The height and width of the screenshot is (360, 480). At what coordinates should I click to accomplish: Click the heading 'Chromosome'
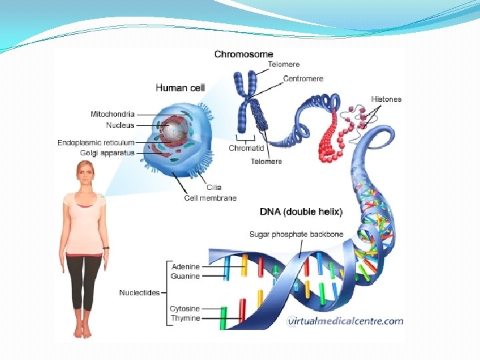point(243,54)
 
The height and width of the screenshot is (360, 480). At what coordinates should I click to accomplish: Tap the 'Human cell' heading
point(180,87)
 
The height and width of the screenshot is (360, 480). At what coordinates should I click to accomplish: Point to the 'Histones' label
point(386,99)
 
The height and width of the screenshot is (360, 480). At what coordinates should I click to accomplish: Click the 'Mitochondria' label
point(112,114)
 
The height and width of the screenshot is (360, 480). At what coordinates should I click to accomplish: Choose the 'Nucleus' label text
point(120,125)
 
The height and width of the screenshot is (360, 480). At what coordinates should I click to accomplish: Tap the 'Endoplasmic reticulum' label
point(96,143)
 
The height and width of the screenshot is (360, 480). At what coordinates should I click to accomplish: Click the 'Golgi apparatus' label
point(107,153)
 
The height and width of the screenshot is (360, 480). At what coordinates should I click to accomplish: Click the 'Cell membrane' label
point(210,198)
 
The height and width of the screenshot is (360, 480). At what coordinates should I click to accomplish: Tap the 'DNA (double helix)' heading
point(301,212)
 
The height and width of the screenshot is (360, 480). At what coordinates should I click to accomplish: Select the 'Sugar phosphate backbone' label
point(297,234)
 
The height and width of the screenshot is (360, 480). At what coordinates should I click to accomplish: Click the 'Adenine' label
point(185,267)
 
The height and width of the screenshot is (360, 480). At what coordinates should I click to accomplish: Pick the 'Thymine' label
point(185,319)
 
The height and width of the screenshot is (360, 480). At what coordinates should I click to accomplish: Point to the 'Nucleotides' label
point(139,293)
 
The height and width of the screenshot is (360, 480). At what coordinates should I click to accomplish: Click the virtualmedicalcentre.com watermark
point(345,321)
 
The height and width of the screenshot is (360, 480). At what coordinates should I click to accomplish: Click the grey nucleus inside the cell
point(175,131)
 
